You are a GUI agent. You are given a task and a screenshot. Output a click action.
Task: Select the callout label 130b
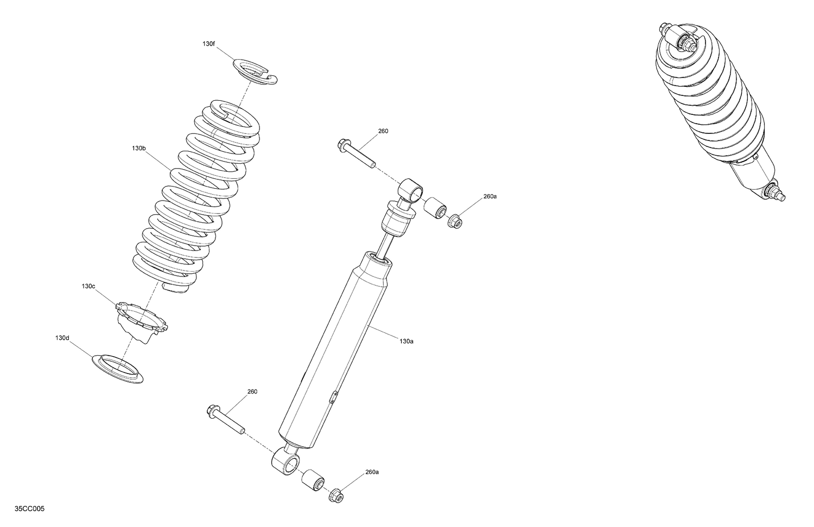point(138,148)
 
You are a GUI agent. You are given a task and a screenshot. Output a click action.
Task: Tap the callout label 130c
point(88,286)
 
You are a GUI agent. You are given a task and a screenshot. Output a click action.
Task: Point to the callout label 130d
point(62,338)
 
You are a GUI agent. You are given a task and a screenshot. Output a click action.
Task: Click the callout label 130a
point(406,341)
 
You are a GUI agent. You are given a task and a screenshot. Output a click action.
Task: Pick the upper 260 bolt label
point(383,131)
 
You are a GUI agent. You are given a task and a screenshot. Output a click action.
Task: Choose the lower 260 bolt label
point(252,391)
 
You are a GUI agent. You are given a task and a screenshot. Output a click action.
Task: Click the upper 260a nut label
point(489,196)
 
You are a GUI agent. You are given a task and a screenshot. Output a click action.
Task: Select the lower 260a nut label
point(372,472)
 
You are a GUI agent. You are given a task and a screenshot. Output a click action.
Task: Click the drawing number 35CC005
point(30,509)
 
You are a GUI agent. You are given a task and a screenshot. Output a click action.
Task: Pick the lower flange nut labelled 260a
point(336,496)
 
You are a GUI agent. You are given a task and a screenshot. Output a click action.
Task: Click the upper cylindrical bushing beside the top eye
point(435,208)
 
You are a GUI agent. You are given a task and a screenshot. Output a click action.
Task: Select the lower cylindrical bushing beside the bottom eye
point(313,480)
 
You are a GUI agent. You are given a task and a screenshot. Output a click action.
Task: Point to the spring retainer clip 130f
point(255,72)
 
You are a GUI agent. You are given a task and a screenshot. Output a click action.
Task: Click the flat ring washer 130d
point(118,369)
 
